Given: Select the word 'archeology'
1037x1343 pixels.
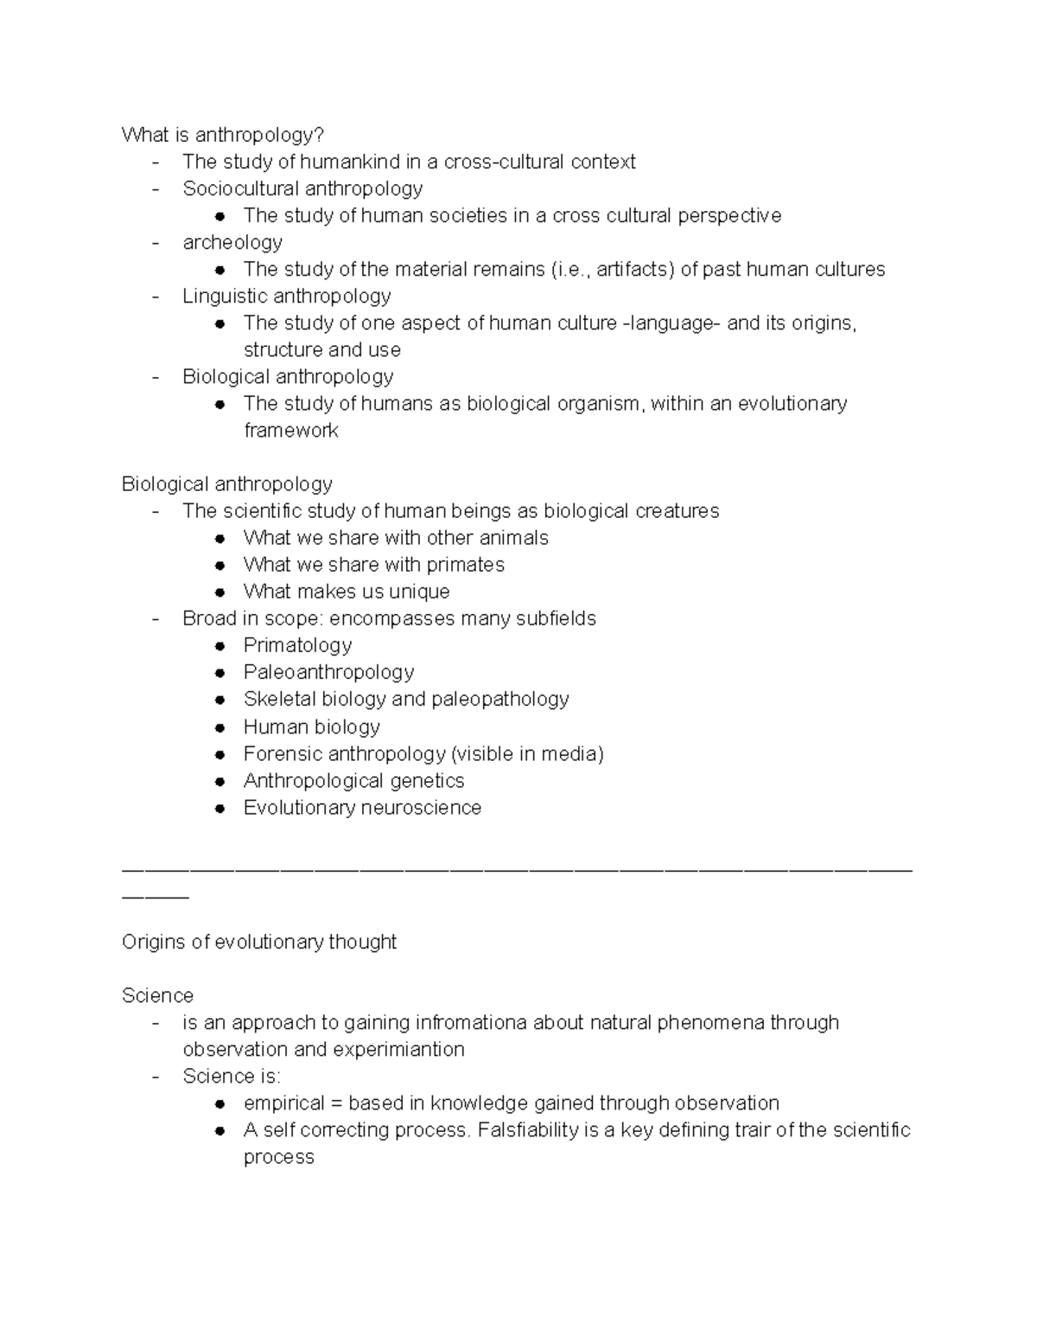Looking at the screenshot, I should click(x=232, y=242).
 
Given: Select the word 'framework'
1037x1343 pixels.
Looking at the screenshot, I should click(x=291, y=430).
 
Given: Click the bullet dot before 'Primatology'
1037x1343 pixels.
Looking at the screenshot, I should click(x=221, y=646).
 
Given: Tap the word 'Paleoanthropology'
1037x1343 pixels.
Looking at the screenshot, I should click(x=328, y=672).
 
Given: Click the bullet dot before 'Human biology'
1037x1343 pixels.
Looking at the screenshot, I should click(x=221, y=727).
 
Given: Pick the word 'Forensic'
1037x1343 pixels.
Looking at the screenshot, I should click(x=283, y=753).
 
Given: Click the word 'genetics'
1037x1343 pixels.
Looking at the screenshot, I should click(x=427, y=780).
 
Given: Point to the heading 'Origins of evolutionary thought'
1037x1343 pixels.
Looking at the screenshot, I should click(x=259, y=942).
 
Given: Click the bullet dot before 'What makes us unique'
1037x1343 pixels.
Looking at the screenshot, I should click(x=221, y=592).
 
